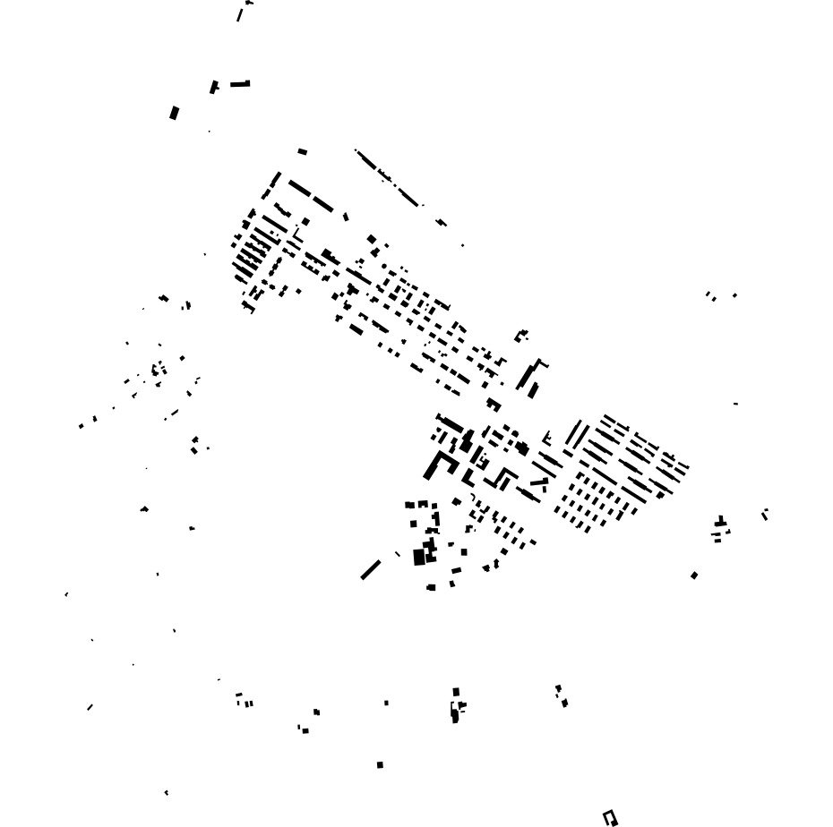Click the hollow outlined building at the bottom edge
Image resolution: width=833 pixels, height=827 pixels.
tap(610, 817)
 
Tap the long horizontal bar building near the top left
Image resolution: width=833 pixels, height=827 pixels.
tap(239, 84)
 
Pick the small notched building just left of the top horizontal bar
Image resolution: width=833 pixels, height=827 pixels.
tap(214, 87)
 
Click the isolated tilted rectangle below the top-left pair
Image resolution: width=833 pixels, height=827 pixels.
tap(175, 113)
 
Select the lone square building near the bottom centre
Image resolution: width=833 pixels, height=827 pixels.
tap(380, 764)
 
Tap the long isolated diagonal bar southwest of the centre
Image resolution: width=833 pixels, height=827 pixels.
tap(371, 569)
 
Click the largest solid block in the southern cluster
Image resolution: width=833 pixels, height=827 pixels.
tap(419, 557)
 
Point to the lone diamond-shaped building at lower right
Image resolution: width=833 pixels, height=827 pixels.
tap(694, 575)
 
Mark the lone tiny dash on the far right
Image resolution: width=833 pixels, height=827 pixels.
tap(735, 404)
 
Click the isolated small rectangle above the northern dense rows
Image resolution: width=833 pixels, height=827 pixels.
tap(303, 152)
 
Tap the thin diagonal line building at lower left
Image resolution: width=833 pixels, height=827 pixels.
tap(90, 707)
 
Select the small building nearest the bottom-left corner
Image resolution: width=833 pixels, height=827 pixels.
tap(166, 792)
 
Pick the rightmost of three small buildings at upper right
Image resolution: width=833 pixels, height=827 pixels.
tap(734, 295)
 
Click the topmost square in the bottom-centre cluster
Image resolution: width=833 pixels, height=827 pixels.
tap(456, 692)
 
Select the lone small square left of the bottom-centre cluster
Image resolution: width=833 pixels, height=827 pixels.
tap(386, 703)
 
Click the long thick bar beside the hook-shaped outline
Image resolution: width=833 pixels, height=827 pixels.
tap(534, 390)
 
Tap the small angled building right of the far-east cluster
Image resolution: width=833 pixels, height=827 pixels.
tap(765, 514)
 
